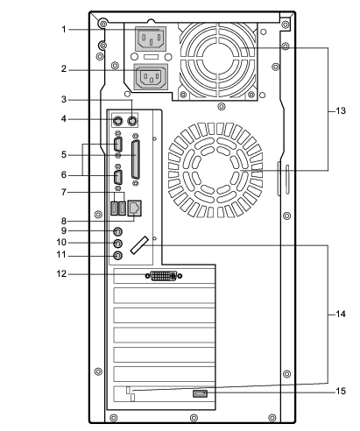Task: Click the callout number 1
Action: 64,30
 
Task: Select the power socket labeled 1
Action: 151,39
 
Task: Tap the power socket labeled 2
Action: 151,76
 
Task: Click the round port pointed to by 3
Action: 132,120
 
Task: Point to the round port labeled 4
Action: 117,120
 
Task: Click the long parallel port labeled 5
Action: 136,159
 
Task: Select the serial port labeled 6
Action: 118,177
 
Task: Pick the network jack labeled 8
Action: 135,208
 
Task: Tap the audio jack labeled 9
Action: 117,231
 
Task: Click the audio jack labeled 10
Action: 117,244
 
